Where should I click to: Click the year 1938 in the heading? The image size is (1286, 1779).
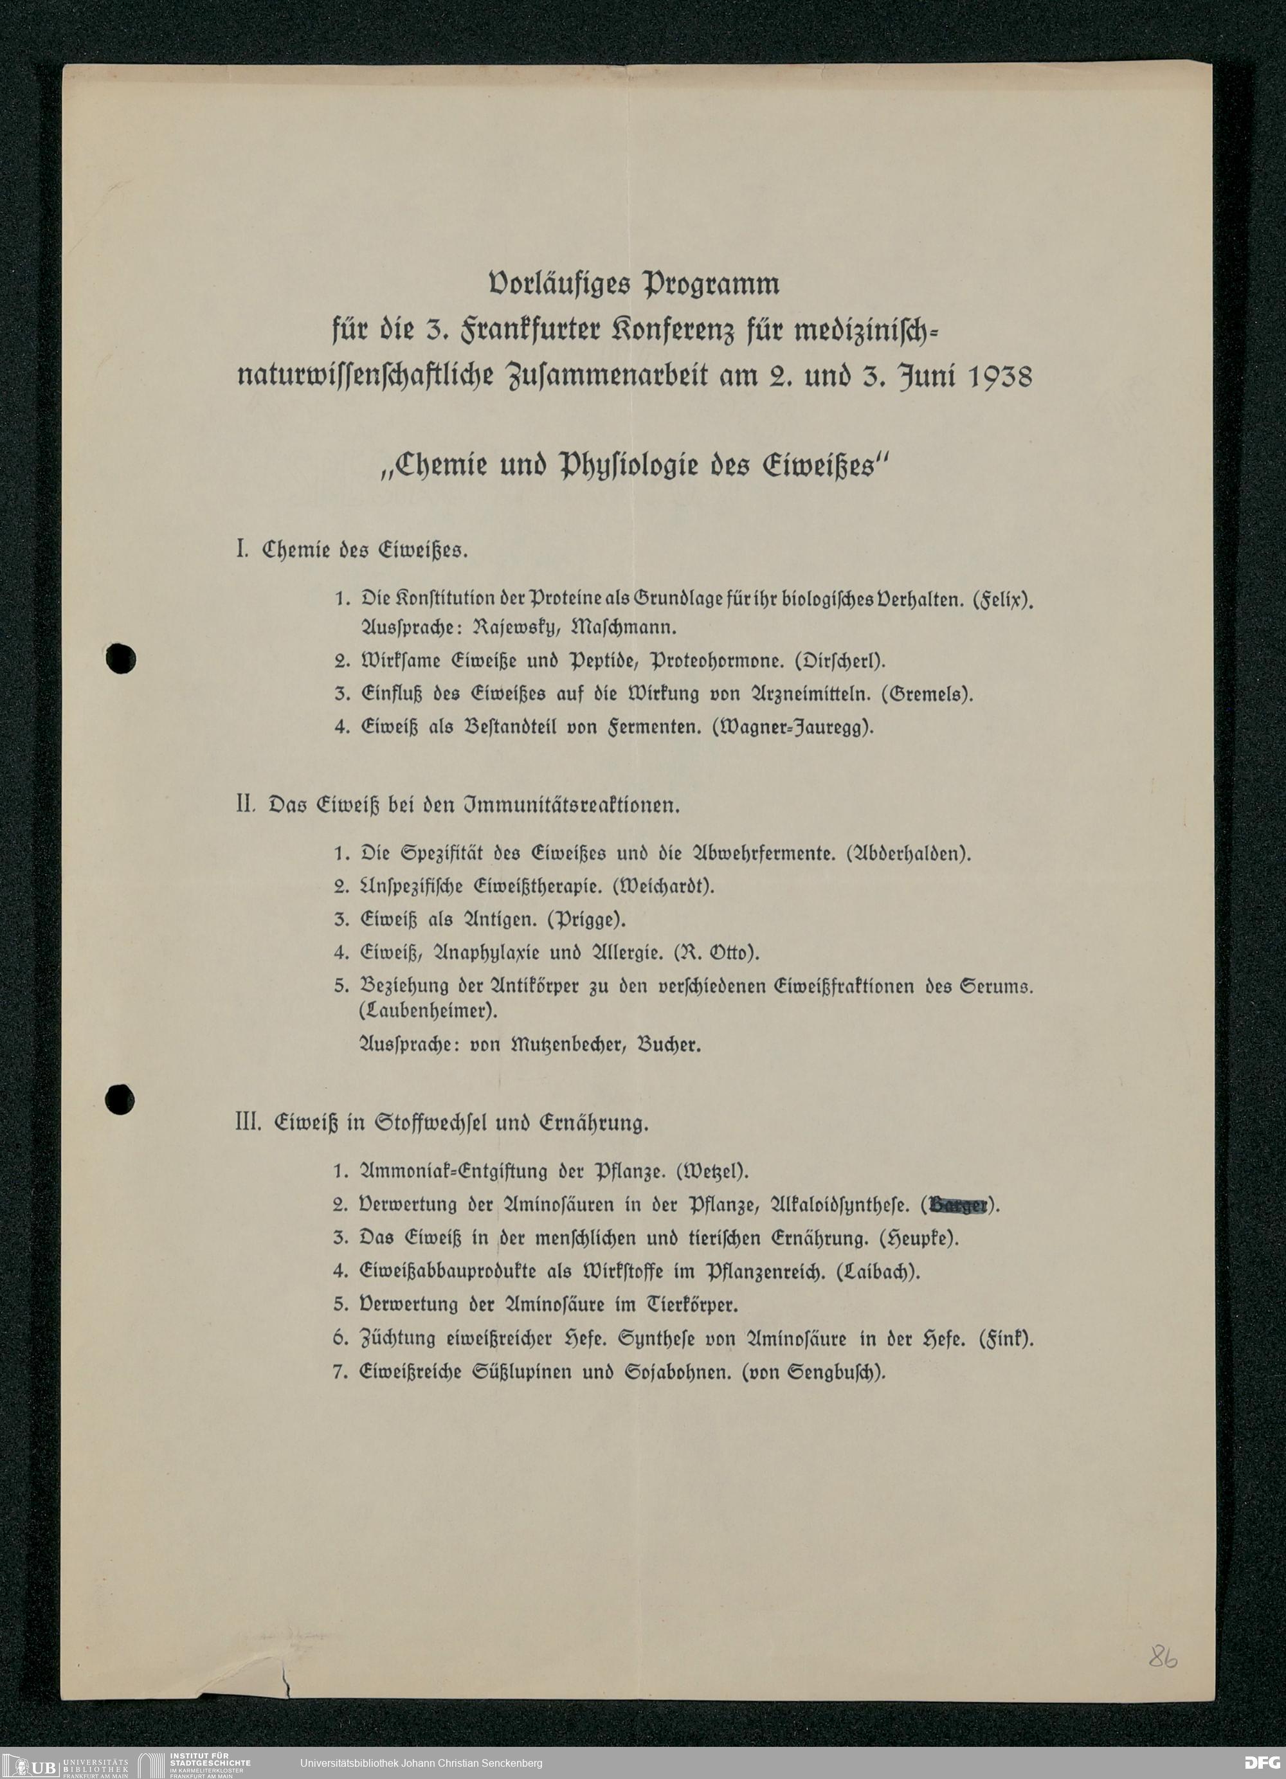click(1001, 377)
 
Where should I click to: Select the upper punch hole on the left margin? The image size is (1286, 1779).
click(121, 658)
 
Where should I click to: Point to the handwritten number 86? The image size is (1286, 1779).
click(1163, 1657)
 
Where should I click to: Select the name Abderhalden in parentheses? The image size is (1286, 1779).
click(909, 853)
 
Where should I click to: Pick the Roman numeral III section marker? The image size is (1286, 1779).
click(248, 1123)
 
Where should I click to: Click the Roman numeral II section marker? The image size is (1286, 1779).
click(246, 805)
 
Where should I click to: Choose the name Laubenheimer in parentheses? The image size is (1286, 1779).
click(428, 1011)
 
